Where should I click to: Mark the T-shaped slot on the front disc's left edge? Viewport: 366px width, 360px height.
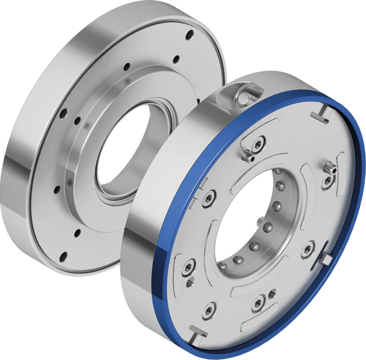(202, 185)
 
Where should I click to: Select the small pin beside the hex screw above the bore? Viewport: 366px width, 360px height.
(248, 155)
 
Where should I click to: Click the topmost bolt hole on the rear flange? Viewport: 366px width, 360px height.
(189, 34)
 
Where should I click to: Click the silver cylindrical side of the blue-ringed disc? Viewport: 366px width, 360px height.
(138, 267)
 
